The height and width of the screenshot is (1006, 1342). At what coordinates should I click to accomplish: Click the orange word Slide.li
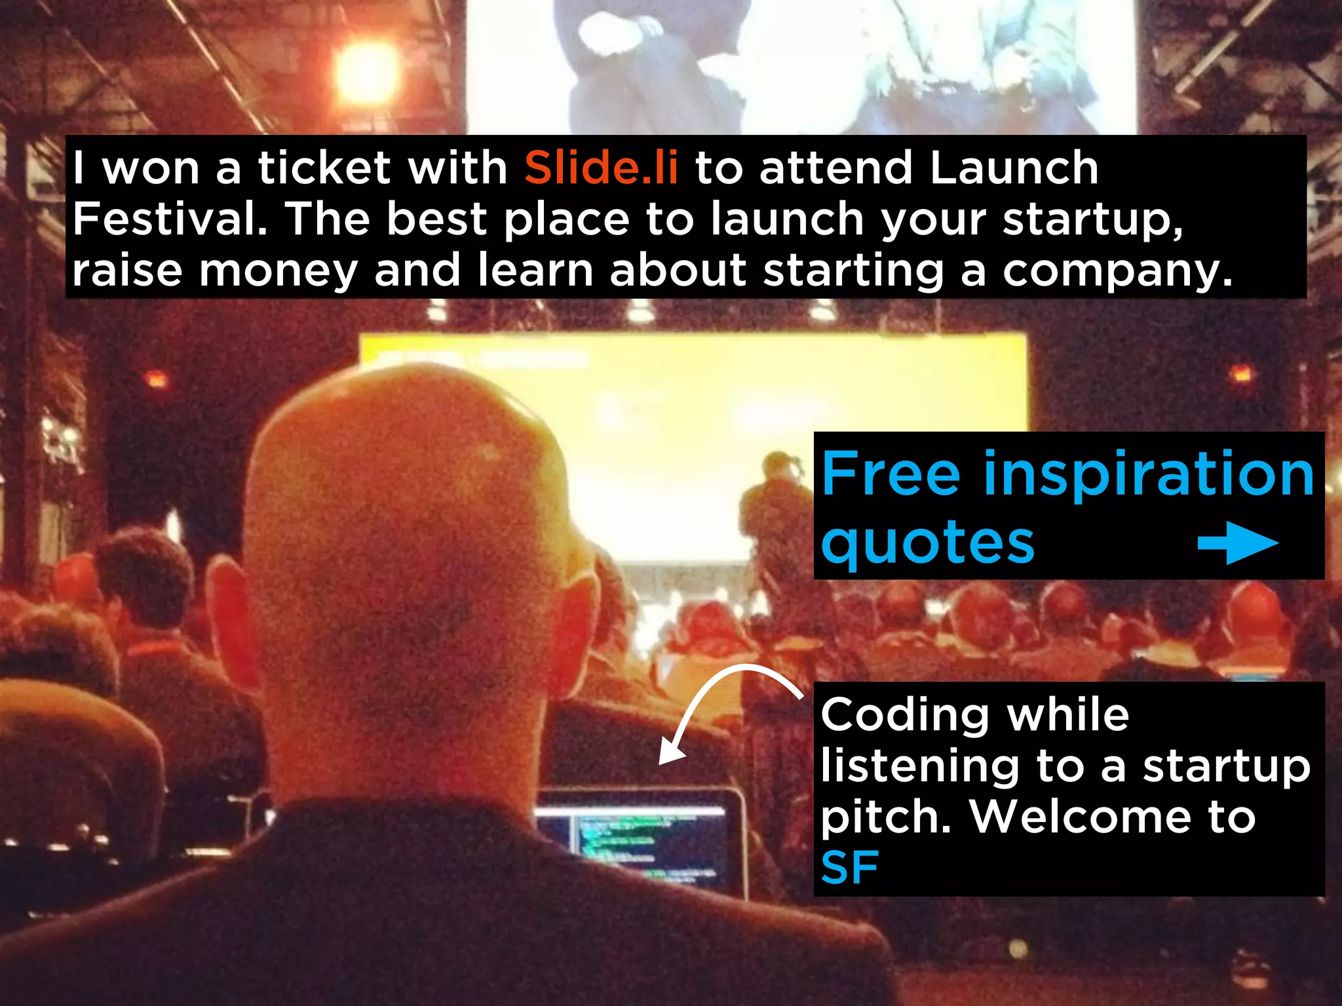pyautogui.click(x=601, y=168)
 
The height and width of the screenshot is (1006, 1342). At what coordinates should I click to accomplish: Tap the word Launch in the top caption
pyautogui.click(x=1014, y=168)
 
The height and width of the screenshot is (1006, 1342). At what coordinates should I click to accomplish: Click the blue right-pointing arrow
pyautogui.click(x=1237, y=542)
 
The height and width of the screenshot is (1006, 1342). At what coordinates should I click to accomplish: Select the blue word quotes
pyautogui.click(x=927, y=544)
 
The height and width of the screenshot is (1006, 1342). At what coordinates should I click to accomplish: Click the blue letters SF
pyautogui.click(x=849, y=868)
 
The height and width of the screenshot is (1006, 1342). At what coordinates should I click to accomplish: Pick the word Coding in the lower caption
pyautogui.click(x=905, y=715)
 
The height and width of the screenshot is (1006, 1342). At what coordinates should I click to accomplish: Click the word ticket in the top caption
pyautogui.click(x=324, y=168)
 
